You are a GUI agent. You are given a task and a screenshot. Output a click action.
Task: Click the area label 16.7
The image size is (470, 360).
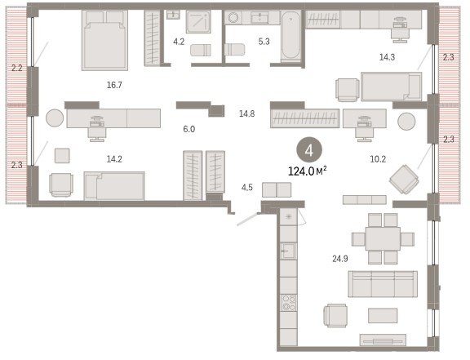114,85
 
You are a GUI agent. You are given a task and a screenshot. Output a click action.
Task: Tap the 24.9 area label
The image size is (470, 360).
340,258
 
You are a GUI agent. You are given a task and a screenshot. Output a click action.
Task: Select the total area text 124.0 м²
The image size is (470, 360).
308,171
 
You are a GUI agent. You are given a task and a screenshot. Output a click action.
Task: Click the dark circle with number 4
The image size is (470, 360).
309,151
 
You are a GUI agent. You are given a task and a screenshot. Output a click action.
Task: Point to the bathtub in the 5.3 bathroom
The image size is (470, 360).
290,36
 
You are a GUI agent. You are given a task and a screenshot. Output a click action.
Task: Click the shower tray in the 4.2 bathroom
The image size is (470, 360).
198,22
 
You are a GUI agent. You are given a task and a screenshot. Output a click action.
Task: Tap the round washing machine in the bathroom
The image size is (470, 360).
233,18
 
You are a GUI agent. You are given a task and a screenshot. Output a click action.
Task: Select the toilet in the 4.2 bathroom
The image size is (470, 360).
201,50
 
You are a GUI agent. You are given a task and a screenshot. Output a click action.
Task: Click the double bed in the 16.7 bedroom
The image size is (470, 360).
104,40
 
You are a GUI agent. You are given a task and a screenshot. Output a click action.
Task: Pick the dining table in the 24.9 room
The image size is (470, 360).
383,239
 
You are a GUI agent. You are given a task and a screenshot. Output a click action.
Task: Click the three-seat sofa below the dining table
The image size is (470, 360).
383,284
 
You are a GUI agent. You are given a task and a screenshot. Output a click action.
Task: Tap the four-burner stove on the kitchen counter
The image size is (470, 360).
289,303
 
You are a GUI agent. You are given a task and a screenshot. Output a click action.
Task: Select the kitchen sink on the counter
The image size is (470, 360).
288,251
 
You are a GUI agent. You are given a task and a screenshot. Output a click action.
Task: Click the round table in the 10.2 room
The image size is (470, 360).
406,121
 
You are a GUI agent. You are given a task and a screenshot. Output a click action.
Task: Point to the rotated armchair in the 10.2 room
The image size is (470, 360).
404,180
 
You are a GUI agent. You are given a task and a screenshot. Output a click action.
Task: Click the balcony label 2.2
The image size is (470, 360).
17,68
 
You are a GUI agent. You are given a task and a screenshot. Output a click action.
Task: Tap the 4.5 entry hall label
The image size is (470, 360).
247,188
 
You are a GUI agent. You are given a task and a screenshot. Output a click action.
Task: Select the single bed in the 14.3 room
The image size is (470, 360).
391,87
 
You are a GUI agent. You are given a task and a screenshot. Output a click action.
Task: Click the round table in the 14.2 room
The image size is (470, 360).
55,118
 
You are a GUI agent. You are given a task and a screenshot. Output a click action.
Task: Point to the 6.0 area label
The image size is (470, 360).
189,129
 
